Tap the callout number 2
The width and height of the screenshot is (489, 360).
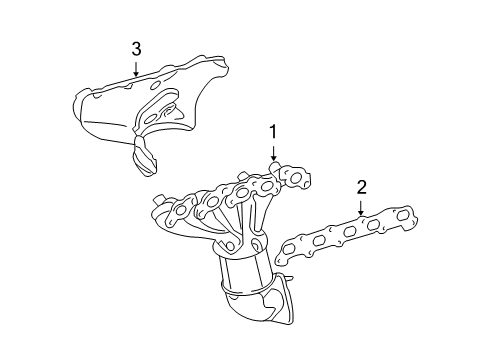[x=362, y=187]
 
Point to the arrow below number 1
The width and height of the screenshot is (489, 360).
[x=273, y=152]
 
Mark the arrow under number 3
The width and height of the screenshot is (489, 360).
[x=136, y=69]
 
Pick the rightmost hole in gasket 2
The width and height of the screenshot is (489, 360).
[x=401, y=215]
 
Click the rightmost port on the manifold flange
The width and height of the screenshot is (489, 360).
[x=295, y=177]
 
